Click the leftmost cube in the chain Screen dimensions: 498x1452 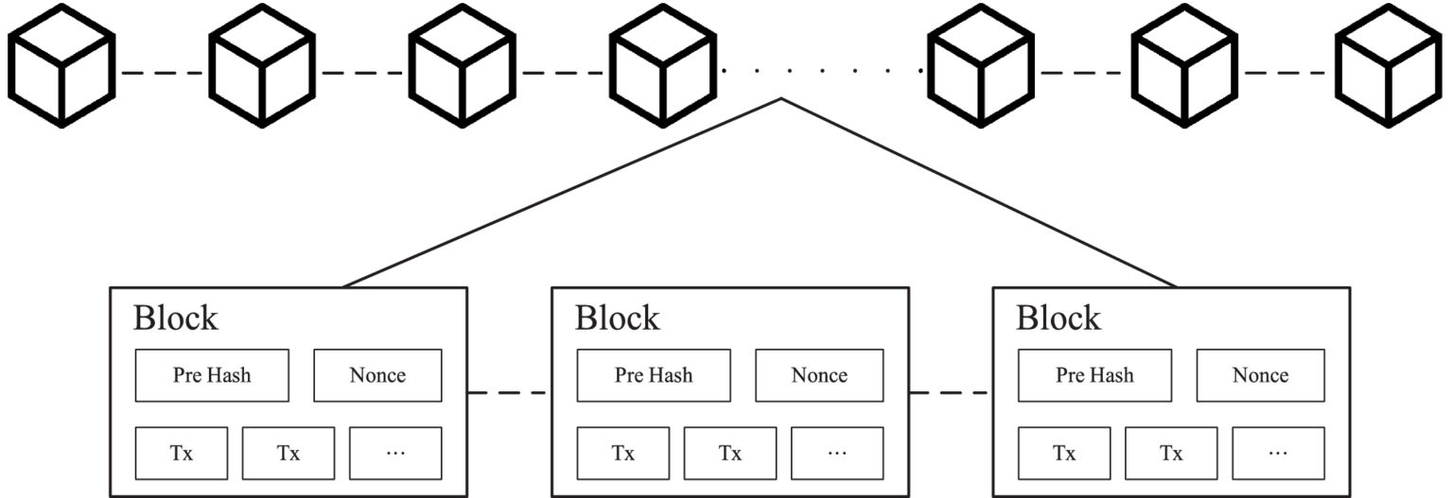coord(61,64)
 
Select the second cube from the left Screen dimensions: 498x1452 coord(261,64)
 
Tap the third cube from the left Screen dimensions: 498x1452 coord(461,64)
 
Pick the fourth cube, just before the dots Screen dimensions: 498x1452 coord(661,64)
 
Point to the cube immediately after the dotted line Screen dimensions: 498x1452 coord(979,64)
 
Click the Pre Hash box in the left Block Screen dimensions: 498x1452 coord(212,375)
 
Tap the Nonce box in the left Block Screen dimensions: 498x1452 coord(377,375)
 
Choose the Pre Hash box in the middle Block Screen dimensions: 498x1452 coord(654,375)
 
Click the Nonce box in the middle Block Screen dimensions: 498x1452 coord(819,375)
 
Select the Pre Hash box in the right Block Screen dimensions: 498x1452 coord(1094,375)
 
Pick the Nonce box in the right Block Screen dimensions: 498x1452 coord(1260,375)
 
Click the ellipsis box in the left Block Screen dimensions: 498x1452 coord(395,453)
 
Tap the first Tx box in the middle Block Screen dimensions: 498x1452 coord(622,453)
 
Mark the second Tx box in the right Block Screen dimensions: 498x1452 coord(1171,453)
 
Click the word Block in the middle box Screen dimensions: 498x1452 coord(617,318)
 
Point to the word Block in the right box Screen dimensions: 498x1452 coord(1058,318)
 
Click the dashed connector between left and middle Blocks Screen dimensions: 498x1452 coord(509,392)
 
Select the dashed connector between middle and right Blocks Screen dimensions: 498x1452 coord(951,392)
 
